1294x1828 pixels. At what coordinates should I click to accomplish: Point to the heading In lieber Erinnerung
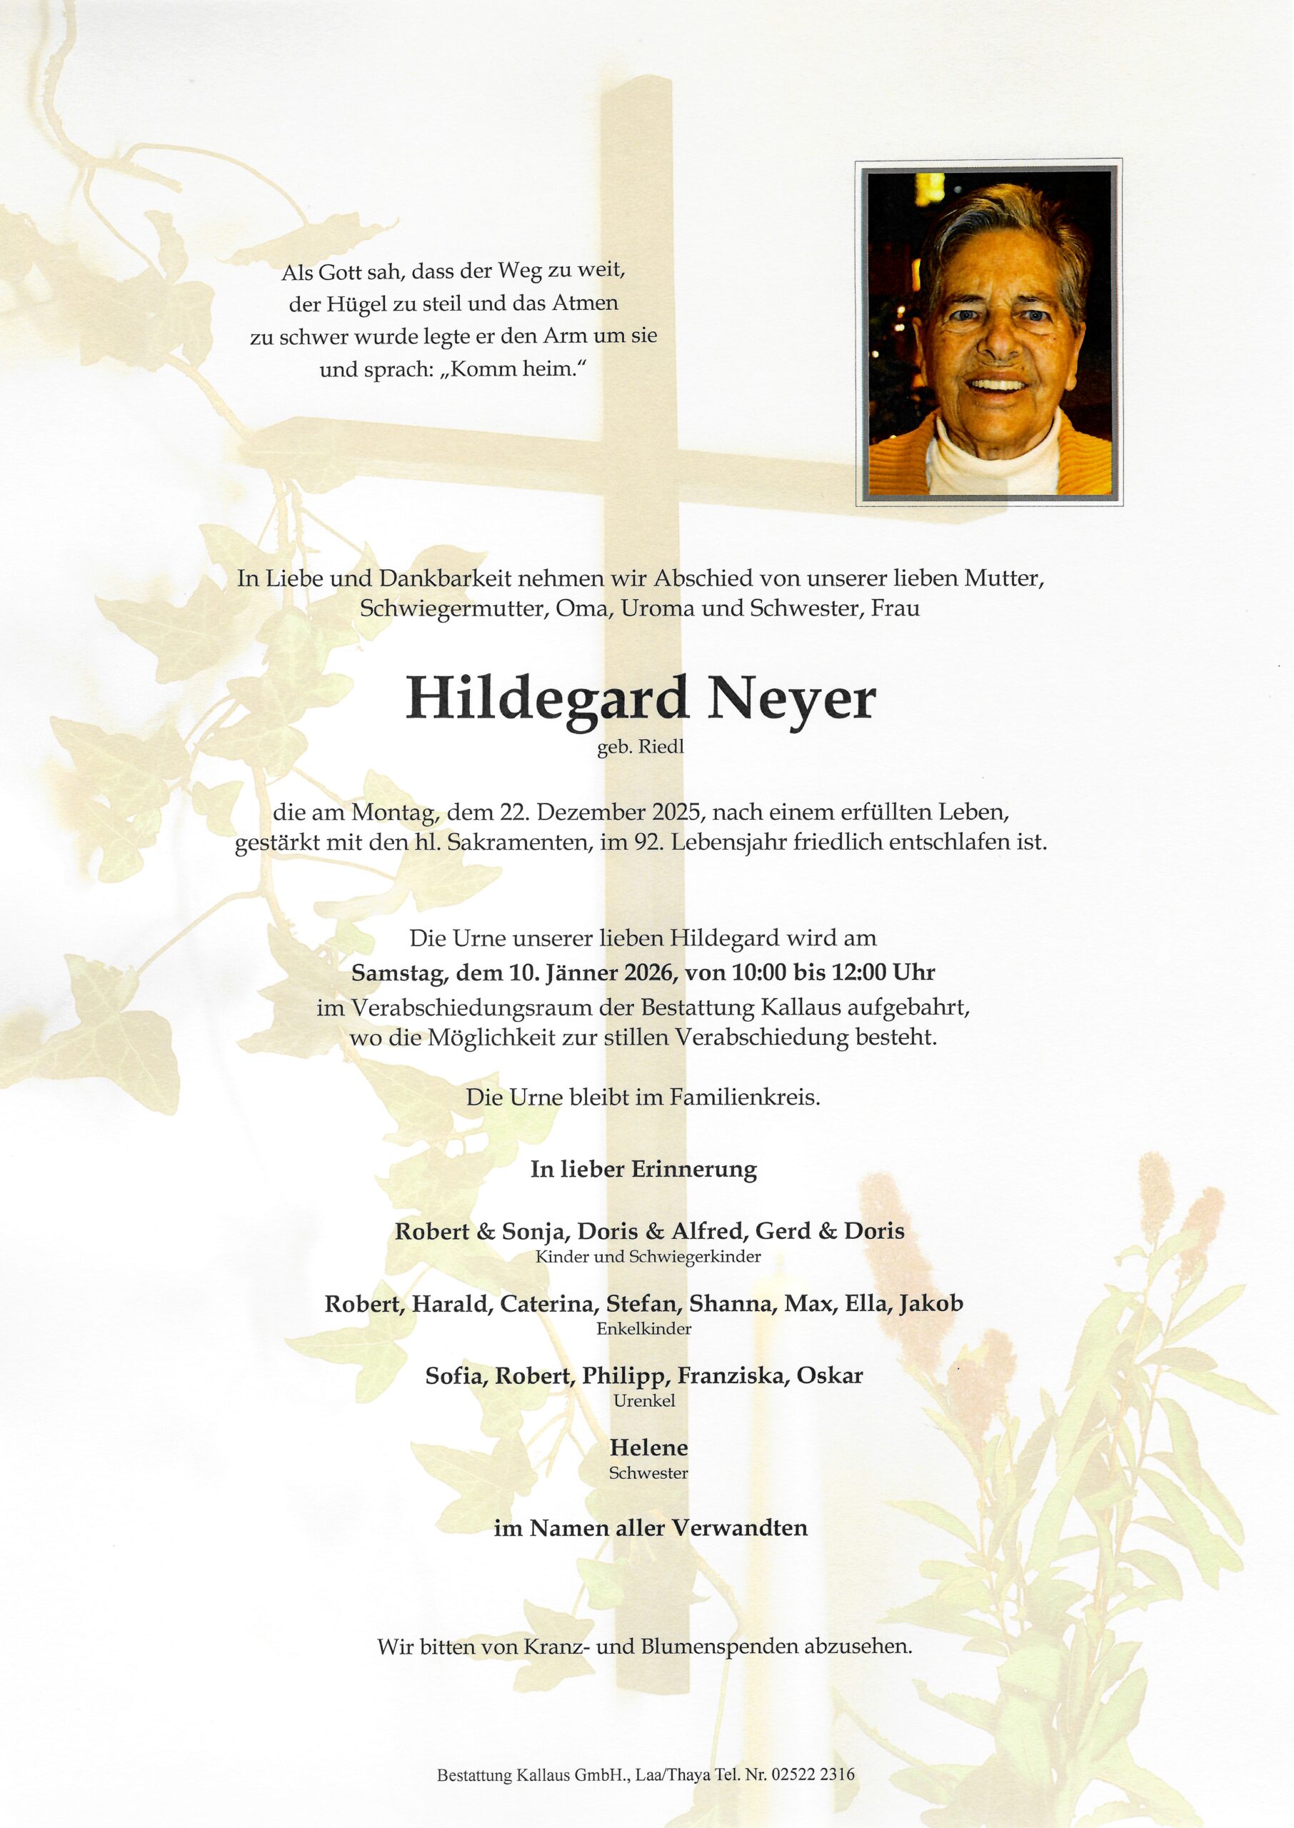(x=644, y=1170)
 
